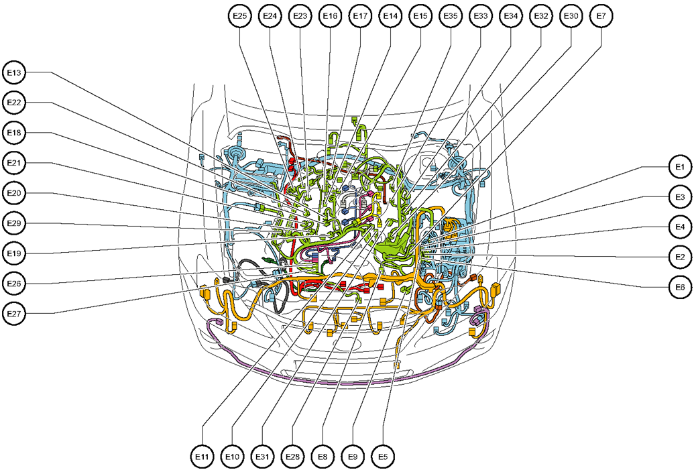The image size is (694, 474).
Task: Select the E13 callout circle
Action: tap(14, 72)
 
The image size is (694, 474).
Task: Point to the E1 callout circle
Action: tap(679, 166)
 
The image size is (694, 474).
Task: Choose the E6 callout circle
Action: tap(679, 287)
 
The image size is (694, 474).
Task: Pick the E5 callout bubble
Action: tap(383, 457)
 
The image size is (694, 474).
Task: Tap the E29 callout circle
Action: tap(14, 223)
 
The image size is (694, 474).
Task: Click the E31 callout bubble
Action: tap(262, 457)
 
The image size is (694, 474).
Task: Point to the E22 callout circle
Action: tap(14, 103)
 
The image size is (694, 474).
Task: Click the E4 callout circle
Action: tap(679, 227)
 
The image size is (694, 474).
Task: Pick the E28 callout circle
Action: tap(292, 457)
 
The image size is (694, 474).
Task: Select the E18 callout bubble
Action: tap(14, 133)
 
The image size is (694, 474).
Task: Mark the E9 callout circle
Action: tap(353, 457)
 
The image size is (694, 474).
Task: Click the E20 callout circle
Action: tap(14, 193)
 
